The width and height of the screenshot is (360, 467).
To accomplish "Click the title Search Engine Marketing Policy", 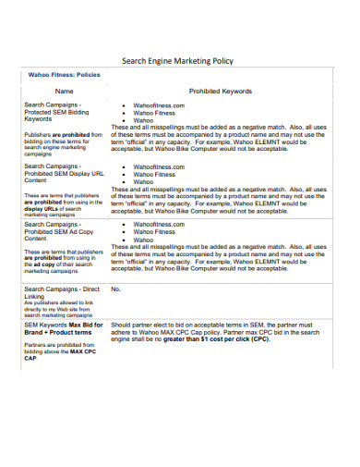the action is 178,61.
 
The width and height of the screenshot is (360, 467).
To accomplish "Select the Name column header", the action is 64,92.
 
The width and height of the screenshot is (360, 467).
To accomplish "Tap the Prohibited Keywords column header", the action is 220,92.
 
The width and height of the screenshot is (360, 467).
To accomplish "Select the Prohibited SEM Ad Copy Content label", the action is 55,231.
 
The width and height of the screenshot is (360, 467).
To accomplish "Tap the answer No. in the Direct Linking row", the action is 116,289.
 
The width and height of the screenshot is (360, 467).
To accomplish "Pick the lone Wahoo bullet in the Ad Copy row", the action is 144,240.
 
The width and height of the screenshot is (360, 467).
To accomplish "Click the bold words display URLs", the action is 43,209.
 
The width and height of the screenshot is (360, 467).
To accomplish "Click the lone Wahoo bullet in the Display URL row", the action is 144,182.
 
